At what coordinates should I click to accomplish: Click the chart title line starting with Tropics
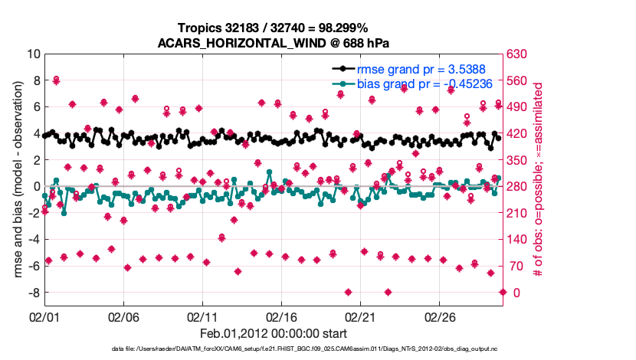tap(274, 28)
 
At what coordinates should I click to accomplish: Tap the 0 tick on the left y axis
tap(36, 186)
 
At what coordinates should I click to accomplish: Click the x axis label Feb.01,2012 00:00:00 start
tap(274, 334)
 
